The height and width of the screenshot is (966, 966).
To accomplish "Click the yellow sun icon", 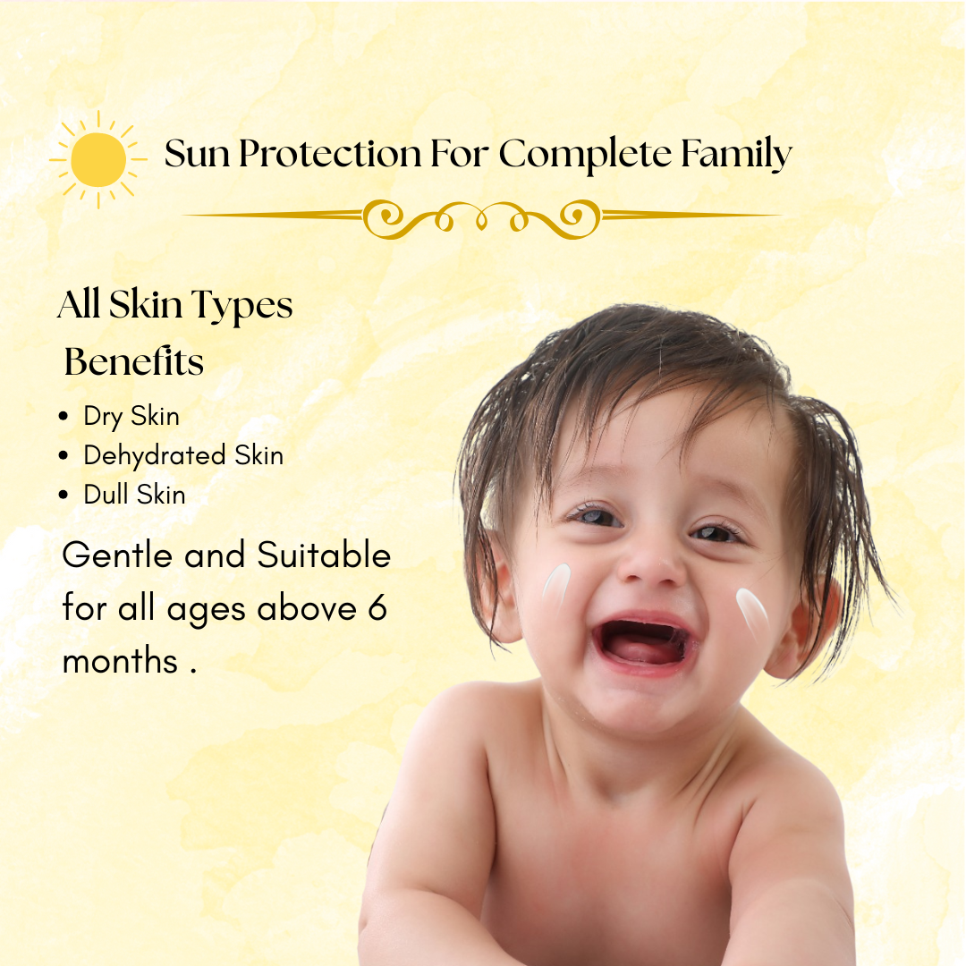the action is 98,159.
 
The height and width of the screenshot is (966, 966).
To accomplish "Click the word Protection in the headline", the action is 330,154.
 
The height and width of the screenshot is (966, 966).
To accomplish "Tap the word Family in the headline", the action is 736,155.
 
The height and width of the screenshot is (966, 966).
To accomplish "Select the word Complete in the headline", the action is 585,155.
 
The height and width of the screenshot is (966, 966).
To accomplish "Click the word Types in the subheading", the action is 242,306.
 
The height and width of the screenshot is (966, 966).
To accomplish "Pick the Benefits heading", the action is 133,361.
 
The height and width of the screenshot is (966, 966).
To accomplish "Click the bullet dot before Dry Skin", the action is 63,417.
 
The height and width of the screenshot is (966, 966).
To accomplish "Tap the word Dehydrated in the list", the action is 155,455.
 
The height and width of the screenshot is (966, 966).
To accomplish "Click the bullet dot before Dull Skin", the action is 63,495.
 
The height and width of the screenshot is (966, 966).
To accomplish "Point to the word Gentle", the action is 117,555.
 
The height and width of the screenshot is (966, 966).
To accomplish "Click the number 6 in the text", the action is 377,607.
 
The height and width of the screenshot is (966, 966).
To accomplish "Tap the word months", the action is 121,662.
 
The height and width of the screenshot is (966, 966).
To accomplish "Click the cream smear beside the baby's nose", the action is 556,585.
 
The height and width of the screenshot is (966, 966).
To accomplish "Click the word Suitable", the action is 324,555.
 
